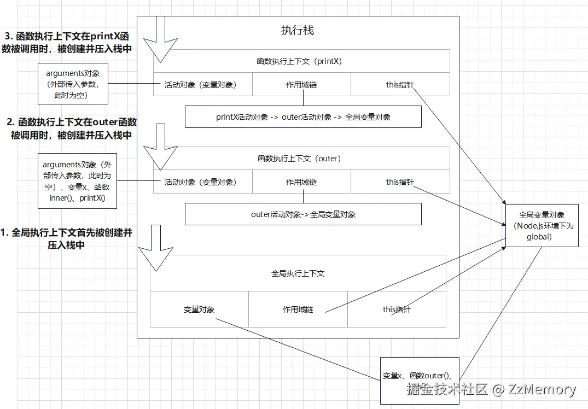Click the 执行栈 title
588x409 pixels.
point(298,31)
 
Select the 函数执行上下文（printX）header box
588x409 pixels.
point(301,61)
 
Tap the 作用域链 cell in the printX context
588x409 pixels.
point(301,85)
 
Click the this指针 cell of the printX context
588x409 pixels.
point(400,85)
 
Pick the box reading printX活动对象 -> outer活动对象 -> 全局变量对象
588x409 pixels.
point(303,117)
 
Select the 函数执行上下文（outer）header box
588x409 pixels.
point(301,159)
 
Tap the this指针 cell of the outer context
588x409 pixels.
point(400,182)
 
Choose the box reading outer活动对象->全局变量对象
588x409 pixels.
point(303,214)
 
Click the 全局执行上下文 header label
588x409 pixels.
point(298,273)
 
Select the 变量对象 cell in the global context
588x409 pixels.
point(199,309)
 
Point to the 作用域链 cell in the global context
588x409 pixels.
point(298,309)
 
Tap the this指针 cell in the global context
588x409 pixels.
point(397,309)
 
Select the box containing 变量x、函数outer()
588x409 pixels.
point(420,381)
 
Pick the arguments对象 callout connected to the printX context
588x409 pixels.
point(73,84)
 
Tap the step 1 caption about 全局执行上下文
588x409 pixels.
point(66,239)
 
